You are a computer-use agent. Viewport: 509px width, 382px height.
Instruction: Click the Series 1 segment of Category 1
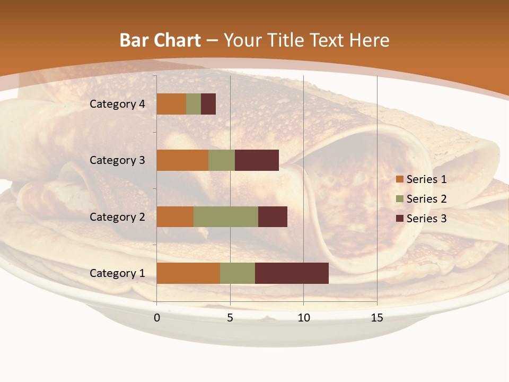click(x=188, y=273)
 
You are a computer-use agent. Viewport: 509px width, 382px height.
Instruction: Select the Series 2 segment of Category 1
click(x=238, y=273)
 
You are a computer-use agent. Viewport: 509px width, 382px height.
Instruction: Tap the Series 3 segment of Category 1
click(x=292, y=273)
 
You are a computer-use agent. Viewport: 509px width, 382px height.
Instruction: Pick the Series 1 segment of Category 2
click(x=175, y=216)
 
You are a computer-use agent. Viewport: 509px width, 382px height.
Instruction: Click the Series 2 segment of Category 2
click(x=226, y=216)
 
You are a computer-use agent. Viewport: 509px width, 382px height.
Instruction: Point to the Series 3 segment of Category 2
click(x=273, y=216)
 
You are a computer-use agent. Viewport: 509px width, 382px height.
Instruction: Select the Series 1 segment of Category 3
click(x=182, y=160)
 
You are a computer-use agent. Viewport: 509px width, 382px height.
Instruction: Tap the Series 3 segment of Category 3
click(x=257, y=160)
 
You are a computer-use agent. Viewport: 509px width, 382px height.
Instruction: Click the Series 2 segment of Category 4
click(x=194, y=104)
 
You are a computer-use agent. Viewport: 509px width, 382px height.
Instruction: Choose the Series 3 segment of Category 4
click(x=208, y=104)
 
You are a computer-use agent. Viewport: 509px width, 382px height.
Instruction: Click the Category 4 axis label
click(x=117, y=104)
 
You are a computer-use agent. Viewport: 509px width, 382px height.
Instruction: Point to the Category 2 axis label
click(x=117, y=216)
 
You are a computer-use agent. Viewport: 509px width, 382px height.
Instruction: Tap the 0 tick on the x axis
click(x=157, y=318)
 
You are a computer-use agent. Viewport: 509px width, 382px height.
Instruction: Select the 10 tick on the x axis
click(x=303, y=318)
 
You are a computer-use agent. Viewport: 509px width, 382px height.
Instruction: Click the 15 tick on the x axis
click(x=377, y=318)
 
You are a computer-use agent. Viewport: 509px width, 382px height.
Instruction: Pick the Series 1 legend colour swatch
click(x=400, y=179)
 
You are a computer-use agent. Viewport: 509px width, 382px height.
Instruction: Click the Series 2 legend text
click(x=427, y=199)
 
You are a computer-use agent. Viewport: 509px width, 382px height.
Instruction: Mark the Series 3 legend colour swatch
click(x=400, y=219)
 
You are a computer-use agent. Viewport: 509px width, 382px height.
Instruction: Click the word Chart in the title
click(x=180, y=40)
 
